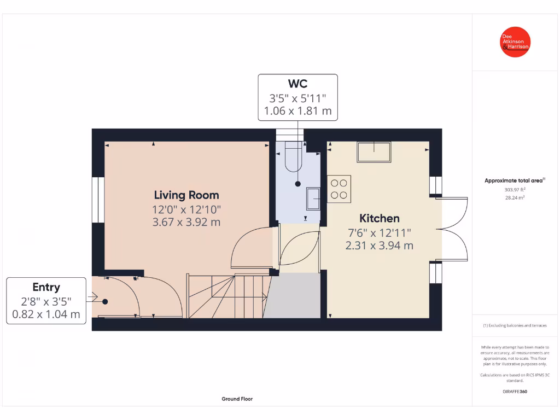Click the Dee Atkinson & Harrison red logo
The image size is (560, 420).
coord(516,42)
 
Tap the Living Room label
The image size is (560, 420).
coord(186,195)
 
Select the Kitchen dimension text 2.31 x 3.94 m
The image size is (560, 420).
coord(379,246)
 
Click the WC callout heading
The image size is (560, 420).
coord(297,84)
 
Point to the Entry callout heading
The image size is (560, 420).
coord(46,287)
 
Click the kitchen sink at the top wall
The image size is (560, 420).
coord(374,151)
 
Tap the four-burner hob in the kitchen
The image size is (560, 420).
coord(339,189)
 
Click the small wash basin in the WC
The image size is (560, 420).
coord(313,198)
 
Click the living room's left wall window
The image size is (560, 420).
coord(98,200)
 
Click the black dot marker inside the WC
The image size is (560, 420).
coord(298,184)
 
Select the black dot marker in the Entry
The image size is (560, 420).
coord(105,301)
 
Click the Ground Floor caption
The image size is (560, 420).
coord(237,399)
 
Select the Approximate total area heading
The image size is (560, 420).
coord(514,180)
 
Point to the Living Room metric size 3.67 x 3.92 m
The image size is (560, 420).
coord(186,222)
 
